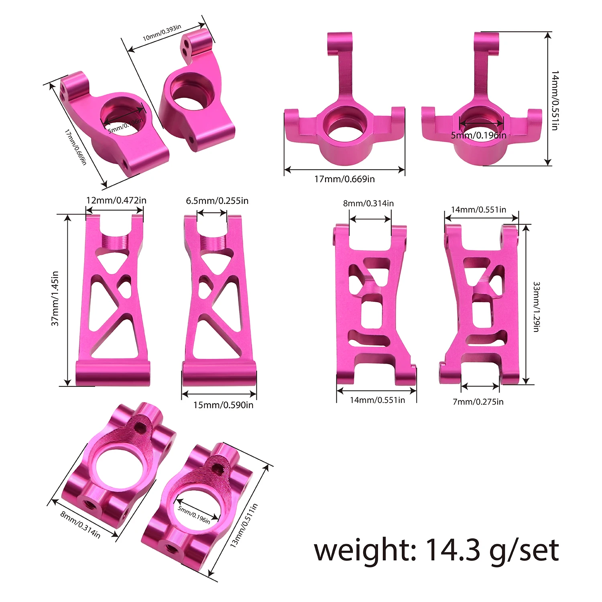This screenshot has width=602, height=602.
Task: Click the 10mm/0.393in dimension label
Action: pos(162,33)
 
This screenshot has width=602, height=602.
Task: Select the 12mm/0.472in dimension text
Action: pos(116,200)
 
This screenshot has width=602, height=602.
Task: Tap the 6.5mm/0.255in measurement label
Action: pos(217,200)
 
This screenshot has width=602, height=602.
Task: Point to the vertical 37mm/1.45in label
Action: pos(55,298)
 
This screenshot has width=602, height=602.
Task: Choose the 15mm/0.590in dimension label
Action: pos(223,405)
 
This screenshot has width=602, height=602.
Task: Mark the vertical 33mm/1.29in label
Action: pos(536,307)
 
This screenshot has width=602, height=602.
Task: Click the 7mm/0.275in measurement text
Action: pos(478,401)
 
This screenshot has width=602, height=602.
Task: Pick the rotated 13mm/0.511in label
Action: pos(244,525)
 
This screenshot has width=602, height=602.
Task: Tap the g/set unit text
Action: pos(524,551)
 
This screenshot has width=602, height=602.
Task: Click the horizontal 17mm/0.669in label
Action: pos(344,179)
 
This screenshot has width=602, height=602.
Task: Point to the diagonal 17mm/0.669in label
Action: pos(75,147)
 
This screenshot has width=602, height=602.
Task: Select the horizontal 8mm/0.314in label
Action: pos(368,203)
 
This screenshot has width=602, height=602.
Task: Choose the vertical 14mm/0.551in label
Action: pos(555,100)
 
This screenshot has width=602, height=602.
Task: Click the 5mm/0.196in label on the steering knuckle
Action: pos(478,135)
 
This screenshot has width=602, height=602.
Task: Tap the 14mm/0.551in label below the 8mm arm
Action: pos(377,400)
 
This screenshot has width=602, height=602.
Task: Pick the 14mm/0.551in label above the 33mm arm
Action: pos(478,209)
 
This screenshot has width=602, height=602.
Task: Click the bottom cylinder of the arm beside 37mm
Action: pos(113,373)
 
